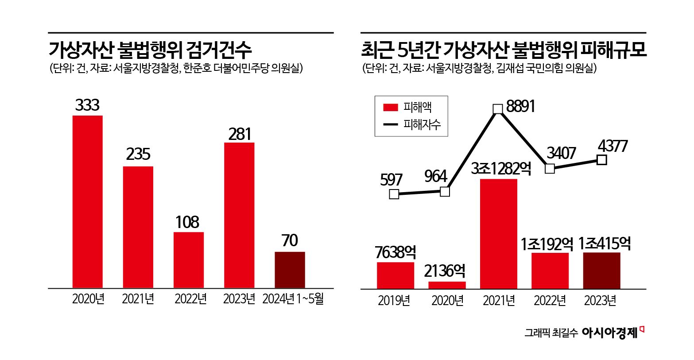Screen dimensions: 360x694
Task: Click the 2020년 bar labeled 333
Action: click(87, 201)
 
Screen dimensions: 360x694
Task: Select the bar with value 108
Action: click(189, 260)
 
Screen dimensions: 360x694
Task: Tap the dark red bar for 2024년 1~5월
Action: click(290, 270)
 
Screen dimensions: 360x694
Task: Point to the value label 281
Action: click(240, 134)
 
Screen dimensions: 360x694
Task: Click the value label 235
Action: click(138, 154)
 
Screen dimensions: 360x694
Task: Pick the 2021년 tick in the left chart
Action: click(138, 299)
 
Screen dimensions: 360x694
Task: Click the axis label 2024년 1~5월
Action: click(293, 299)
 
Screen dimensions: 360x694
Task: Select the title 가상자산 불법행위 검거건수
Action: click(150, 50)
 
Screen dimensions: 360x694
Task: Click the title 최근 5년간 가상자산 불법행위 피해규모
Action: click(504, 50)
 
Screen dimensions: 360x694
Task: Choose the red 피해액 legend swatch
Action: click(391, 107)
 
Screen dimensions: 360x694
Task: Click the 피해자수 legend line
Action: click(391, 125)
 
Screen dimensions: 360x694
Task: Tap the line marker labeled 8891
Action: click(498, 109)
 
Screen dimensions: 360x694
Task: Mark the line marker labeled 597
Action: click(394, 194)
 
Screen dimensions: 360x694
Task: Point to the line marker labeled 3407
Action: click(550, 169)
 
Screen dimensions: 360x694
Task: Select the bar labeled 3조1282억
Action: click(498, 234)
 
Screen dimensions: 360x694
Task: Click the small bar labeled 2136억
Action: click(447, 285)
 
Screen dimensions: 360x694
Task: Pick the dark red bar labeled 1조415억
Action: click(601, 271)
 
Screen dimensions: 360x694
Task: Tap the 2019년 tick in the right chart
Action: click(394, 301)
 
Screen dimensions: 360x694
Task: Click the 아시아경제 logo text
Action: click(610, 333)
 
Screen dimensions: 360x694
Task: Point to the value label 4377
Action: click(613, 146)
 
